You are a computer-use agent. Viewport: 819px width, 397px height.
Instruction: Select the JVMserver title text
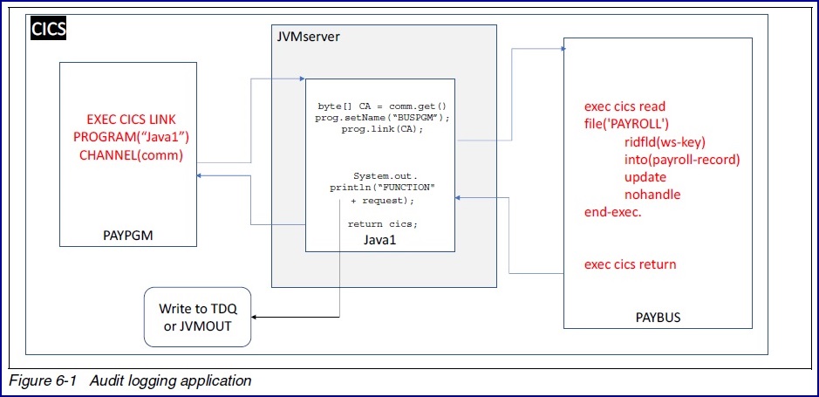[307, 37]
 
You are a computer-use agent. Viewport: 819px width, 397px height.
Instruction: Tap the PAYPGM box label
[128, 234]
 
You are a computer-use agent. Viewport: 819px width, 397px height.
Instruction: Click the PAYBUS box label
[658, 317]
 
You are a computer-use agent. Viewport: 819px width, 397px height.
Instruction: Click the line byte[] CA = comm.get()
[379, 106]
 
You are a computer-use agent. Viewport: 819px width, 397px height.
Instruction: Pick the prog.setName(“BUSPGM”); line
[379, 118]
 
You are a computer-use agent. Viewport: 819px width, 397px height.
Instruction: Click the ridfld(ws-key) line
[665, 142]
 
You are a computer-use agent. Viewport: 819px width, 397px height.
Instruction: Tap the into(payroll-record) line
[682, 160]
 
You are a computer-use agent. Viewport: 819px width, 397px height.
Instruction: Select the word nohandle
[652, 195]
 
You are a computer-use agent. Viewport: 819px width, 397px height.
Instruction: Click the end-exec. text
[612, 212]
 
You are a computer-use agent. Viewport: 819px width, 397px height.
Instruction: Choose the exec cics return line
[630, 264]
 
